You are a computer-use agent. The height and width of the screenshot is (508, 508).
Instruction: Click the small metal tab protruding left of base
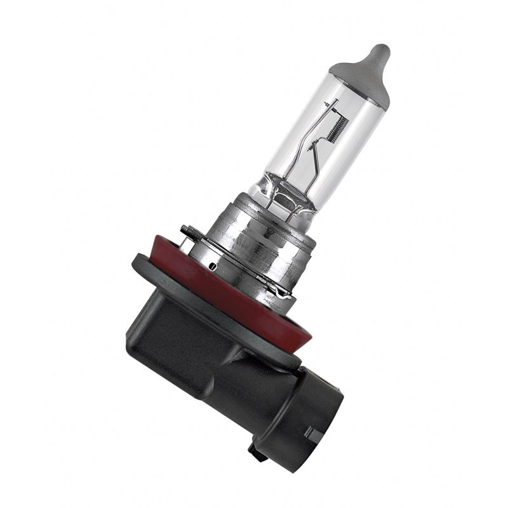[x=185, y=230]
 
